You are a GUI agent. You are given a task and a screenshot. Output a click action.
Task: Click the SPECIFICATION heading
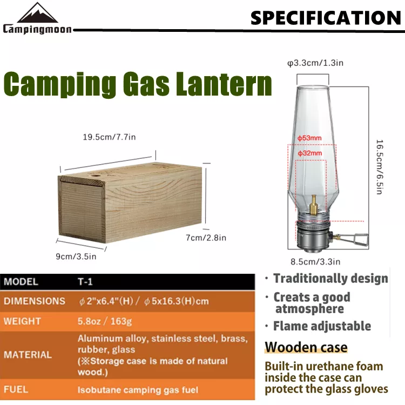326,18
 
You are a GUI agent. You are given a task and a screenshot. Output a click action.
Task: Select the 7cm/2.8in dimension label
206,238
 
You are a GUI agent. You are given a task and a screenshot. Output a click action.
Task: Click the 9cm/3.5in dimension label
76,256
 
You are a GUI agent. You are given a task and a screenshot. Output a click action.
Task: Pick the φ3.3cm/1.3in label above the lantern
315,63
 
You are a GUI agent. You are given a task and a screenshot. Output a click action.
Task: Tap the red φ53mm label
309,138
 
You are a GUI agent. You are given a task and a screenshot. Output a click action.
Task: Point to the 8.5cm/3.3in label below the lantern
315,262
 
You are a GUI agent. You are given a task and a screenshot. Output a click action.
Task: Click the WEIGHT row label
23,321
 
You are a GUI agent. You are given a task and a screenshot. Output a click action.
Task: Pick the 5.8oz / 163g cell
105,321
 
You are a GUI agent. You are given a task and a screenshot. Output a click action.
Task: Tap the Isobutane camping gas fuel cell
138,390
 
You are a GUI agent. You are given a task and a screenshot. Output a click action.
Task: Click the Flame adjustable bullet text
322,326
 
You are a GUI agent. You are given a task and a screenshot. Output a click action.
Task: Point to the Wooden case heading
306,347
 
